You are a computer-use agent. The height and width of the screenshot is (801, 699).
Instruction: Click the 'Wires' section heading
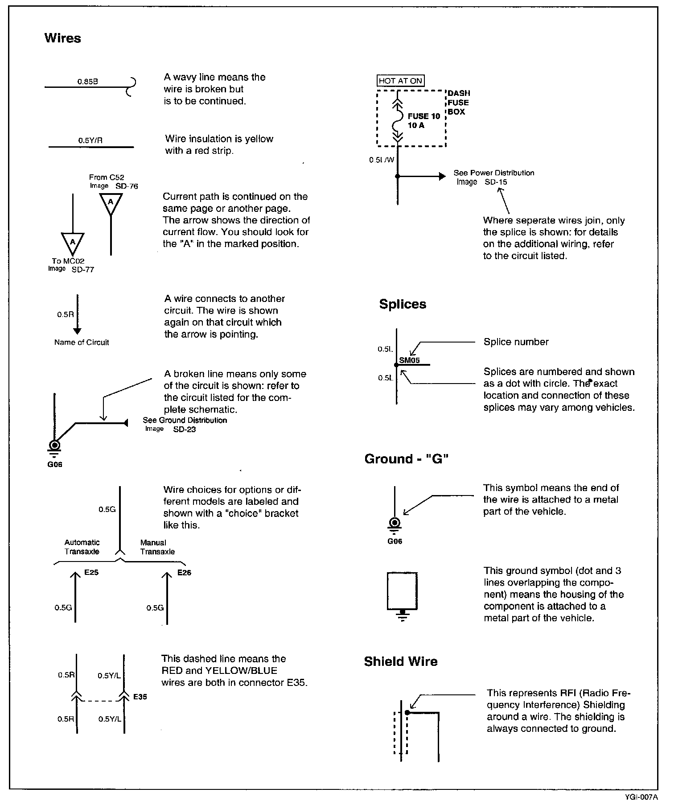pyautogui.click(x=62, y=38)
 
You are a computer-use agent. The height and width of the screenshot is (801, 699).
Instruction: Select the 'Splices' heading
pyautogui.click(x=403, y=304)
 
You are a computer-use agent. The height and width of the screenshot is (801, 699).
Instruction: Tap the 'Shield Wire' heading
pyautogui.click(x=400, y=661)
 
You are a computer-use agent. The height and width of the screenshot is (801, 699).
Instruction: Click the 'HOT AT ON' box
pyautogui.click(x=400, y=81)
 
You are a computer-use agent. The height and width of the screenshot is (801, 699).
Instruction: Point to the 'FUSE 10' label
pyautogui.click(x=424, y=116)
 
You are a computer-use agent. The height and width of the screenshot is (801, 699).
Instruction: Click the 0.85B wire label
pyautogui.click(x=87, y=82)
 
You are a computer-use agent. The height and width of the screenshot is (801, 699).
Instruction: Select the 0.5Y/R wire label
pyautogui.click(x=90, y=140)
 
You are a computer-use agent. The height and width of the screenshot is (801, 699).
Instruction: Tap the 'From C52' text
pyautogui.click(x=107, y=178)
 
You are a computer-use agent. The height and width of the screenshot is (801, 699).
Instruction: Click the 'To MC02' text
pyautogui.click(x=68, y=261)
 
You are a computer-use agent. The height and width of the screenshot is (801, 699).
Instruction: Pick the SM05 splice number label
pyautogui.click(x=409, y=360)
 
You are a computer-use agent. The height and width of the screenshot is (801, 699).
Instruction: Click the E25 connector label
pyautogui.click(x=91, y=572)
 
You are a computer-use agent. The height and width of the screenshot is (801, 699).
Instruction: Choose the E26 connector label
pyautogui.click(x=184, y=573)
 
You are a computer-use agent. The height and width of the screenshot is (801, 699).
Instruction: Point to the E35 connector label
pyautogui.click(x=140, y=697)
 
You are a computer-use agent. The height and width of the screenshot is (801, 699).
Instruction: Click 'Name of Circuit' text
pyautogui.click(x=82, y=343)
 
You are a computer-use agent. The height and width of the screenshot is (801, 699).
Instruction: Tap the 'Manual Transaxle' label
pyautogui.click(x=157, y=547)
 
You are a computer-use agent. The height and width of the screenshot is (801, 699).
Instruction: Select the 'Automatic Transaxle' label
pyautogui.click(x=82, y=547)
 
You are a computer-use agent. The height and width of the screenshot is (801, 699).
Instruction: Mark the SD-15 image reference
pyautogui.click(x=496, y=182)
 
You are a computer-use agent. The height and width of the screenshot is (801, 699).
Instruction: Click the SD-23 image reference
pyautogui.click(x=185, y=429)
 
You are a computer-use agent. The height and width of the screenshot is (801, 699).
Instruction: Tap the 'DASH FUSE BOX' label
pyautogui.click(x=458, y=103)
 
